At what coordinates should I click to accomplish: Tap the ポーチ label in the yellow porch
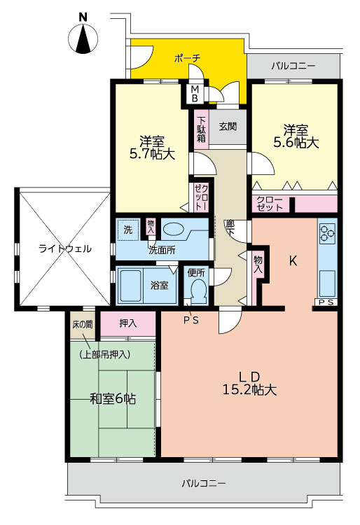coord(187,58)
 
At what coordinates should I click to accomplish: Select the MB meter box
coord(195,94)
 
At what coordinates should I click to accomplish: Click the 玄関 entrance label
coord(228,126)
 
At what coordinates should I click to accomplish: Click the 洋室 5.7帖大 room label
coord(152,147)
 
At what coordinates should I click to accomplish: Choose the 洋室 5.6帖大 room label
coord(296,136)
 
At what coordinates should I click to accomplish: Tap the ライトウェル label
coord(65,248)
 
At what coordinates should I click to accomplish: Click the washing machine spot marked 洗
coord(128,230)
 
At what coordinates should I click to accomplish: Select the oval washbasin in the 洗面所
coord(174,230)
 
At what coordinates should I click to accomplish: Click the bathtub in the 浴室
coord(130,286)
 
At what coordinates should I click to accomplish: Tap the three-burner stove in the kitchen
coord(327,233)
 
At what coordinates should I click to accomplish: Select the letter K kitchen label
coord(293,261)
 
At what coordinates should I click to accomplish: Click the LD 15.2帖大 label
coord(249,384)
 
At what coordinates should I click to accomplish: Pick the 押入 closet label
coord(128,323)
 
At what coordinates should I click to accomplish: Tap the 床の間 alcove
coord(83,325)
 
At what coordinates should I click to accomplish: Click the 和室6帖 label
coord(113,399)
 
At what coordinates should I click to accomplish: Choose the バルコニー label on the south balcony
coord(204,483)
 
